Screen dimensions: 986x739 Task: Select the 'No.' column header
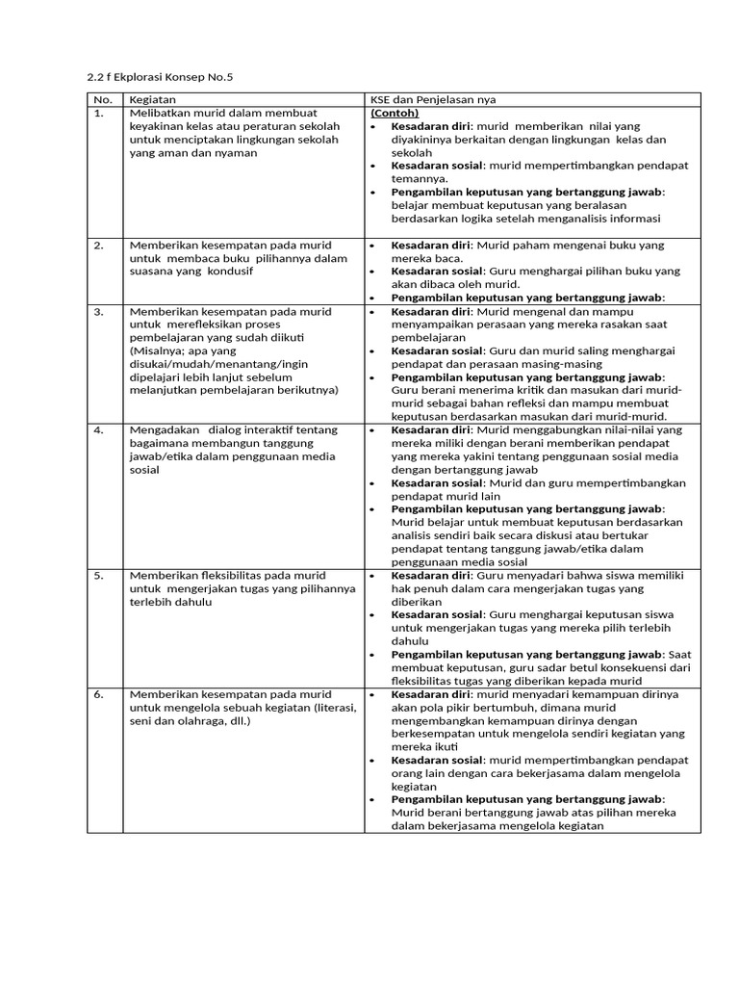102,99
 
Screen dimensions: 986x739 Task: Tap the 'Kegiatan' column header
152,99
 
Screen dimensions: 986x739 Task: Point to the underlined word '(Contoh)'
395,113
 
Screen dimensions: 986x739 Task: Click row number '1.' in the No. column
98,113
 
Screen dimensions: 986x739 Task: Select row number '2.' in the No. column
98,246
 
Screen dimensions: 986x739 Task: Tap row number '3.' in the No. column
98,312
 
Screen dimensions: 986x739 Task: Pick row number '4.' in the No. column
98,429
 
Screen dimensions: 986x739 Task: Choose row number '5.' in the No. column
98,575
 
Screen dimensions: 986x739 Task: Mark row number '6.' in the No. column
98,693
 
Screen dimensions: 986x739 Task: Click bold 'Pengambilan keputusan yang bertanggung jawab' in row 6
527,799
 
